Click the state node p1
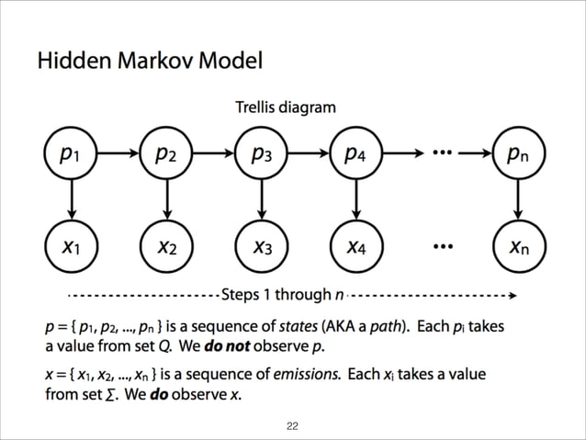[70, 154]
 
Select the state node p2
[166, 154]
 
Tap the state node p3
[262, 154]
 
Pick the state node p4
[358, 154]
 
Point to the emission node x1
[70, 246]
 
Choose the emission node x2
[166, 246]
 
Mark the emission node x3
[262, 246]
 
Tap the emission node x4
[358, 246]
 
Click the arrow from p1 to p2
[118, 154]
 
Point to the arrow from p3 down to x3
[262, 199]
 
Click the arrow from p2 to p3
[214, 154]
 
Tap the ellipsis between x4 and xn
[443, 247]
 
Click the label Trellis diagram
[286, 107]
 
